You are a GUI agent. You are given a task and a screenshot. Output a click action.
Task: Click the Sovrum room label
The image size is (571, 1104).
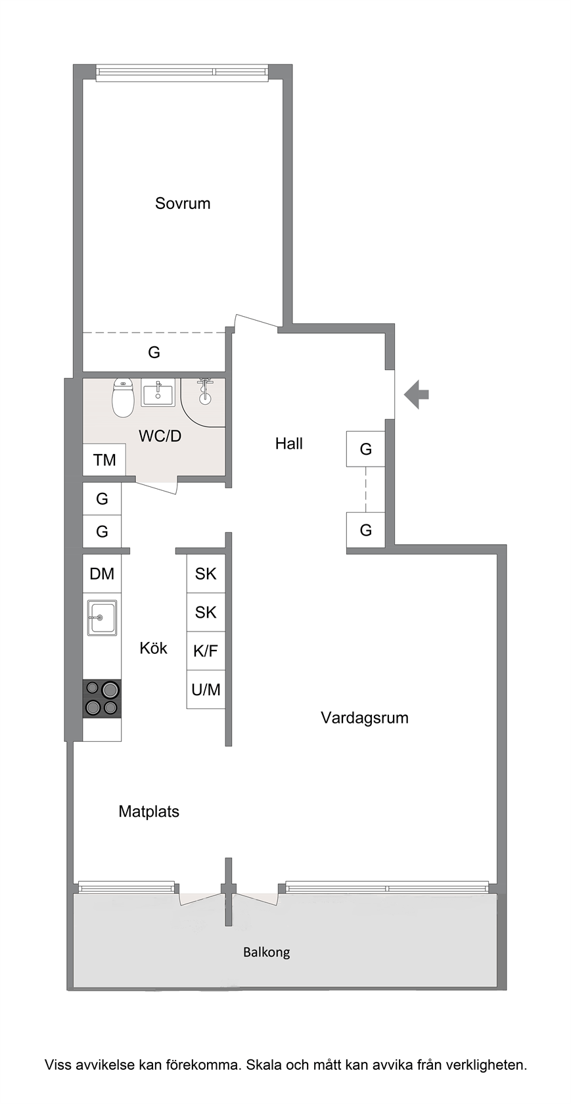tap(182, 203)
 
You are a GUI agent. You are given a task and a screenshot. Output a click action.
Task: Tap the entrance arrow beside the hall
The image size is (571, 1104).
tap(416, 394)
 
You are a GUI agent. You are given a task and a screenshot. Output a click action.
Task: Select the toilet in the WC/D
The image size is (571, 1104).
tap(123, 397)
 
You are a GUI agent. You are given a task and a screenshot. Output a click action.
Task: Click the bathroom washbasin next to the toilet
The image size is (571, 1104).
tap(158, 392)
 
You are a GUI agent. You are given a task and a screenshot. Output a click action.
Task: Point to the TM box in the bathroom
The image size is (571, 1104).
tap(104, 460)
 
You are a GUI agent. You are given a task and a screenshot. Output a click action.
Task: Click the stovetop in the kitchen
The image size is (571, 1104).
tap(102, 699)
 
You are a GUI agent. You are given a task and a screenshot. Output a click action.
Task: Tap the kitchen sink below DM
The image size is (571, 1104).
tap(102, 618)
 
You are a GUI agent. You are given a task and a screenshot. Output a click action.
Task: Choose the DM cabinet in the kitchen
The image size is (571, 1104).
tap(102, 573)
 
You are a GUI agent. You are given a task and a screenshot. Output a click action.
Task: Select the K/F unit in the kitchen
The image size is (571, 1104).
tap(206, 651)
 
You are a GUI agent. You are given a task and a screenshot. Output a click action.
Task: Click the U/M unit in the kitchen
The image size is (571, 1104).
tap(206, 689)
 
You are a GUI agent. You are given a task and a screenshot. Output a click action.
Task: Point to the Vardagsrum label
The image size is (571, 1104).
tap(365, 718)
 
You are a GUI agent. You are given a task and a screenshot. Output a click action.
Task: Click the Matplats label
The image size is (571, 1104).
tap(148, 811)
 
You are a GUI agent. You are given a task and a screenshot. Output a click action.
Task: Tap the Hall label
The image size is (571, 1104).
tap(288, 444)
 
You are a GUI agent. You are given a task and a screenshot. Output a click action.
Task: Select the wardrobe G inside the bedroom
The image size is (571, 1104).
tap(154, 352)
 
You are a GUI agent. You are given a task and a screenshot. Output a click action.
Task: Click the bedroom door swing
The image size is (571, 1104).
tap(256, 321)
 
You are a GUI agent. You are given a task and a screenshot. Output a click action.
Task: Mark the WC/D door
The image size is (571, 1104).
tap(156, 486)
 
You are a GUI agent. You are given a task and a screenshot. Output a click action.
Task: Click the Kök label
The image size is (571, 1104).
tap(153, 648)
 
